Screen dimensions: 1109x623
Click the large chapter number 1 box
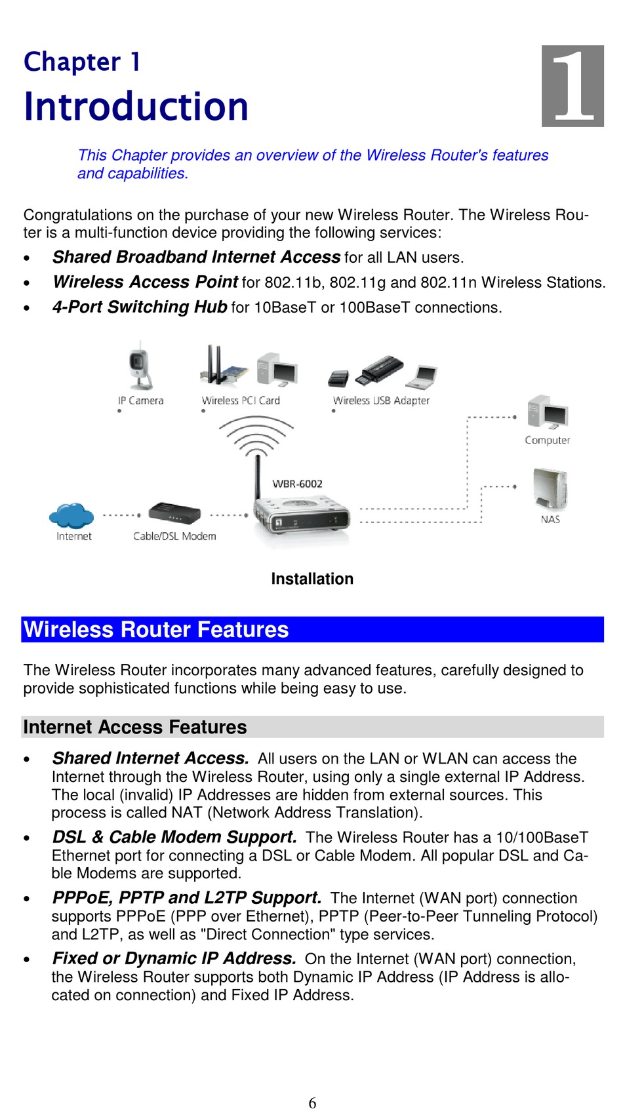coord(572,86)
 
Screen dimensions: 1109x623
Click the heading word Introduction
coord(136,107)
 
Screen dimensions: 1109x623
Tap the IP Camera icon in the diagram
coord(140,366)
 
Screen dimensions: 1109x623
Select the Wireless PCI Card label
coord(241,400)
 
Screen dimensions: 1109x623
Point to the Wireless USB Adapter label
coord(381,400)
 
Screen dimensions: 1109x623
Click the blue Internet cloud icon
coord(71,515)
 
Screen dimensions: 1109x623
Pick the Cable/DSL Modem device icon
coord(174,513)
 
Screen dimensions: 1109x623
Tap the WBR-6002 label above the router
coord(297,484)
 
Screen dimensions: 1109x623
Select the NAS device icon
coord(550,488)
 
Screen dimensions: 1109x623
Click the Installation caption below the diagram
coord(312,579)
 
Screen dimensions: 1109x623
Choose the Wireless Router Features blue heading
coord(156,630)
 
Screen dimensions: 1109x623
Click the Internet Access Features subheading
coord(135,727)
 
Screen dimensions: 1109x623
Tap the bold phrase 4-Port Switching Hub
coord(140,307)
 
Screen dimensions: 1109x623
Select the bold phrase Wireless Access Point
coord(145,282)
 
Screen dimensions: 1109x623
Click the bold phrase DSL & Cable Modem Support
coord(174,837)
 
